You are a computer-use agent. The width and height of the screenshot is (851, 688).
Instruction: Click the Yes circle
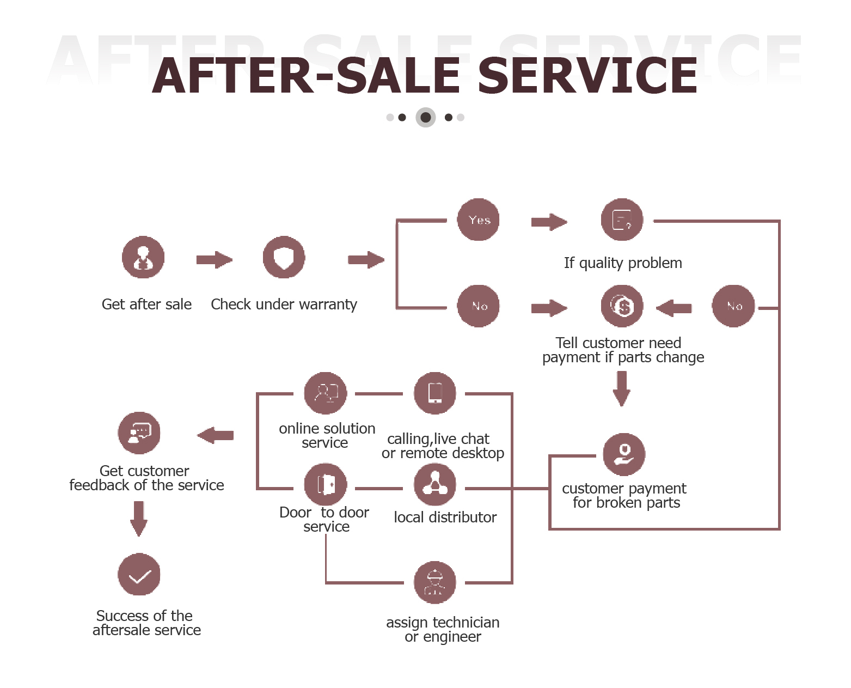point(479,220)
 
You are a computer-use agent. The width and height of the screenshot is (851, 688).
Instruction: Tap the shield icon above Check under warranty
point(284,257)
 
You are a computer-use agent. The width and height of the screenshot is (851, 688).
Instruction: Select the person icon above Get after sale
point(143,257)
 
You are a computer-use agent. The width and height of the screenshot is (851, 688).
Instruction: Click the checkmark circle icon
point(139,574)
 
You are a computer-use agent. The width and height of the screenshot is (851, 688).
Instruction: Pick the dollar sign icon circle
point(622,306)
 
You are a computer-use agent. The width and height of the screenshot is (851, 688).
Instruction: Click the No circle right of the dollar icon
point(733,306)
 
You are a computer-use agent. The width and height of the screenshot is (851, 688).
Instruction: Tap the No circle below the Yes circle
point(479,306)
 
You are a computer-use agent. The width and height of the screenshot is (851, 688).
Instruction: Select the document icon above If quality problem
point(622,220)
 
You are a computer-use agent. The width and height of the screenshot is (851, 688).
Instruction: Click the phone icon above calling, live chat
point(435,393)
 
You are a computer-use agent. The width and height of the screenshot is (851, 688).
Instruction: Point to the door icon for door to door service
point(326,484)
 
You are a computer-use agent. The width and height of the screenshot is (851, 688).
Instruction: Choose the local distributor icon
point(435,484)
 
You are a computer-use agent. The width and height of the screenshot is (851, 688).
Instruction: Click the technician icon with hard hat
point(435,582)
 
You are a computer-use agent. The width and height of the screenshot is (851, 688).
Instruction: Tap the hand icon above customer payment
point(624,454)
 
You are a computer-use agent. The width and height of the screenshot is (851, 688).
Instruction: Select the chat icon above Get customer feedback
point(139,433)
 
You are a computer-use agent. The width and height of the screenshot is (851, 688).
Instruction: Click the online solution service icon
point(326,393)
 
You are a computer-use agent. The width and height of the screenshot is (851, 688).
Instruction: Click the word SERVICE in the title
point(587,76)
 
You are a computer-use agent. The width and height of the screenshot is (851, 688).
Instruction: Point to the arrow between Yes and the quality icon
point(549,222)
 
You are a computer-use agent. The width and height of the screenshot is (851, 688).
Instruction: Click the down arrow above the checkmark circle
point(139,518)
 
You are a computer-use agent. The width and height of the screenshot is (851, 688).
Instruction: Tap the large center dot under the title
point(426,117)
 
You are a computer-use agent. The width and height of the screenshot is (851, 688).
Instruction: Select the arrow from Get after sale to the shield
point(214,260)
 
